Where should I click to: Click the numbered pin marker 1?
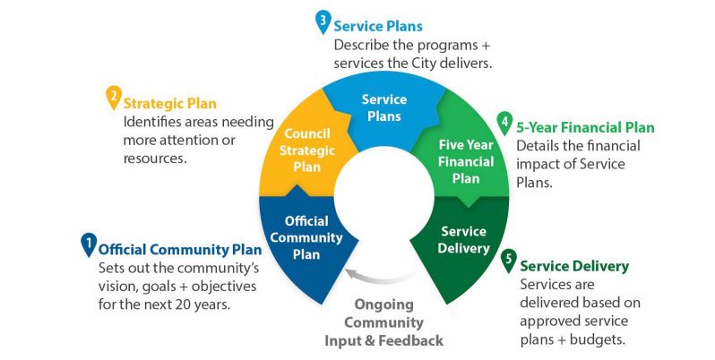pos(89,244)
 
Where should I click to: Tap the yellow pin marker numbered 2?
pos(114,98)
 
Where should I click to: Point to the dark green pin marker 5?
pos(508,261)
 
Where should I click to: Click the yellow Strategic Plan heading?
pos(169,104)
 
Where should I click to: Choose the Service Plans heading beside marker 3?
pos(378,26)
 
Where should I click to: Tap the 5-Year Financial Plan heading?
pos(585,127)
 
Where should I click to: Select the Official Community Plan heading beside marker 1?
pos(180,250)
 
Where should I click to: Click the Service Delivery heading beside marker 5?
pos(574,266)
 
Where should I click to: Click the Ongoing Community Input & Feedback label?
pos(383,322)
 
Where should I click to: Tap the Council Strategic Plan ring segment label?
pos(307,150)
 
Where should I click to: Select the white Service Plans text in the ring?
pos(384,107)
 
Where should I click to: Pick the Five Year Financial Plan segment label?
pos(466,162)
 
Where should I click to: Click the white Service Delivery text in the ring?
pos(463,240)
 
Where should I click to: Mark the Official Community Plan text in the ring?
pos(306,237)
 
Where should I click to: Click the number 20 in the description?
pos(185,304)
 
